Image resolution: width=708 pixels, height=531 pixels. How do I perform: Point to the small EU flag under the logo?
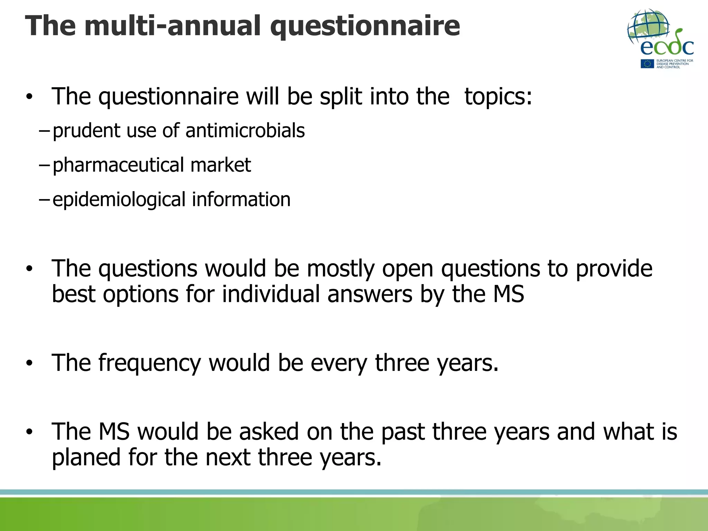tap(647, 64)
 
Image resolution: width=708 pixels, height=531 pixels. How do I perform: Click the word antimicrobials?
tap(245, 131)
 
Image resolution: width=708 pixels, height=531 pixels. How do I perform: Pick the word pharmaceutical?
tap(118, 165)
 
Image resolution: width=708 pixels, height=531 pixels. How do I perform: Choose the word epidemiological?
tap(119, 200)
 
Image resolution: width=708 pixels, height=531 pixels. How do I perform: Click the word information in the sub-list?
tap(241, 199)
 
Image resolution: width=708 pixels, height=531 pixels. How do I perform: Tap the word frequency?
tap(149, 363)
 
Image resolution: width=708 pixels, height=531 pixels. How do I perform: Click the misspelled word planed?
tap(86, 458)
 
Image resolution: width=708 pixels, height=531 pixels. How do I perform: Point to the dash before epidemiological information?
tap(44, 199)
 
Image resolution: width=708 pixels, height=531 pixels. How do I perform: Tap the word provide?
tap(614, 269)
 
